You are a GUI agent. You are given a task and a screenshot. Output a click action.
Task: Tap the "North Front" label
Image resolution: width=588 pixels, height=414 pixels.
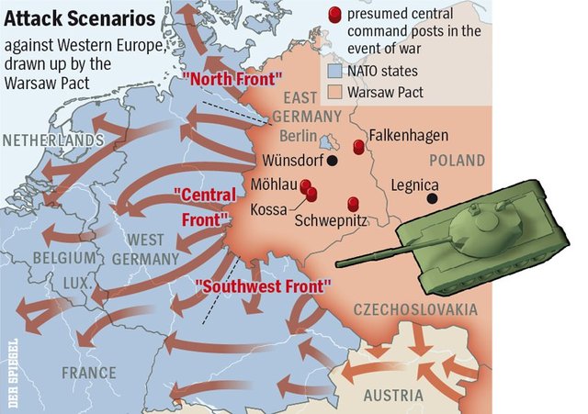(232, 79)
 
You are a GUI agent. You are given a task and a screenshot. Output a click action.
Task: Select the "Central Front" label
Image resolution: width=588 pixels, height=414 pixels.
(201, 207)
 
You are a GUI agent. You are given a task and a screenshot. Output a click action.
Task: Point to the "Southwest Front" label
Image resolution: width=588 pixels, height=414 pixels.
(262, 285)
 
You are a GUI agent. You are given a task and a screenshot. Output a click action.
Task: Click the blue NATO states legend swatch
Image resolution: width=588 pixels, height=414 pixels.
(335, 71)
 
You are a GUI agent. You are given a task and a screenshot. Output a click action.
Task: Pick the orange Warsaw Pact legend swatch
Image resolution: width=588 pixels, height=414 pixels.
(335, 92)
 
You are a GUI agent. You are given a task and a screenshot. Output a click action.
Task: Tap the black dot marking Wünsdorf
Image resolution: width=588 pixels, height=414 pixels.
(333, 160)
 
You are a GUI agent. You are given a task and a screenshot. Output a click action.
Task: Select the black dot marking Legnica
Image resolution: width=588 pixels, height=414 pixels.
(432, 196)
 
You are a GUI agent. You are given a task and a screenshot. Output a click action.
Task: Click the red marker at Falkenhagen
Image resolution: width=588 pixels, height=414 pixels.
(359, 147)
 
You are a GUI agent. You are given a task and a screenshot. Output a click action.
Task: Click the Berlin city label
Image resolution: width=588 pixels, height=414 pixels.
(296, 137)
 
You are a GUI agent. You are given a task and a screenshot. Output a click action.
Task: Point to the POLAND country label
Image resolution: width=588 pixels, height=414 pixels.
(457, 161)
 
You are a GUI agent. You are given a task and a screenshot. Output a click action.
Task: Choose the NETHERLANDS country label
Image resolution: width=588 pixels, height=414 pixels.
(52, 140)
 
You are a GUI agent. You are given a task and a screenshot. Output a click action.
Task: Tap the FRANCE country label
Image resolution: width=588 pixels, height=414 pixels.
(89, 373)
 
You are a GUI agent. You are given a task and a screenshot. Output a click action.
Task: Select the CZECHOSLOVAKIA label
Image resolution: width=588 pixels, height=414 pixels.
(415, 309)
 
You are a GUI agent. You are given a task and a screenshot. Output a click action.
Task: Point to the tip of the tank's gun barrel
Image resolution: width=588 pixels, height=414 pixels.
(339, 264)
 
